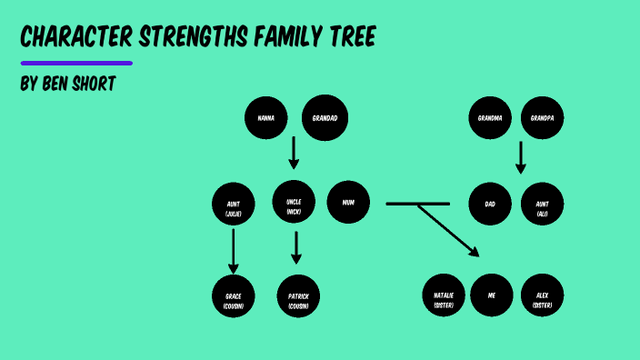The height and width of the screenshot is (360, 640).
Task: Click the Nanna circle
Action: coord(266,117)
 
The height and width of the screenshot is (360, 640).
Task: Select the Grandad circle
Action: coord(325,117)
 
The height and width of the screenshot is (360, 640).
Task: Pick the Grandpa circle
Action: coord(543,117)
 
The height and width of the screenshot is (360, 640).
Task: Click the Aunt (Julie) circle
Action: coord(234,204)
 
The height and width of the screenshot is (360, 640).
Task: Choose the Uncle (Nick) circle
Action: coord(294,204)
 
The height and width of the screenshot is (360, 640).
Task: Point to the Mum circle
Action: coord(348,204)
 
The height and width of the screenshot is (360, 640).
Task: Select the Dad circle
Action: coord(490,204)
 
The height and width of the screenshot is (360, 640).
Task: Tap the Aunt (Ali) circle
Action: coord(543,204)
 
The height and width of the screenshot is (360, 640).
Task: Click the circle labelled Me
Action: coord(492,295)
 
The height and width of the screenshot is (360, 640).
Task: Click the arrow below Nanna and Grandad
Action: coord(293,153)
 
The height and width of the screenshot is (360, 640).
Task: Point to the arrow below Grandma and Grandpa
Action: coord(521,156)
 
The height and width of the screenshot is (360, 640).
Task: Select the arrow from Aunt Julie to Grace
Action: coord(234,251)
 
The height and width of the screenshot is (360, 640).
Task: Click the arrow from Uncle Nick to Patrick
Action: coord(295,247)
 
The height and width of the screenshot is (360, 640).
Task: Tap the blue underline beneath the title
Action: coord(76,64)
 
